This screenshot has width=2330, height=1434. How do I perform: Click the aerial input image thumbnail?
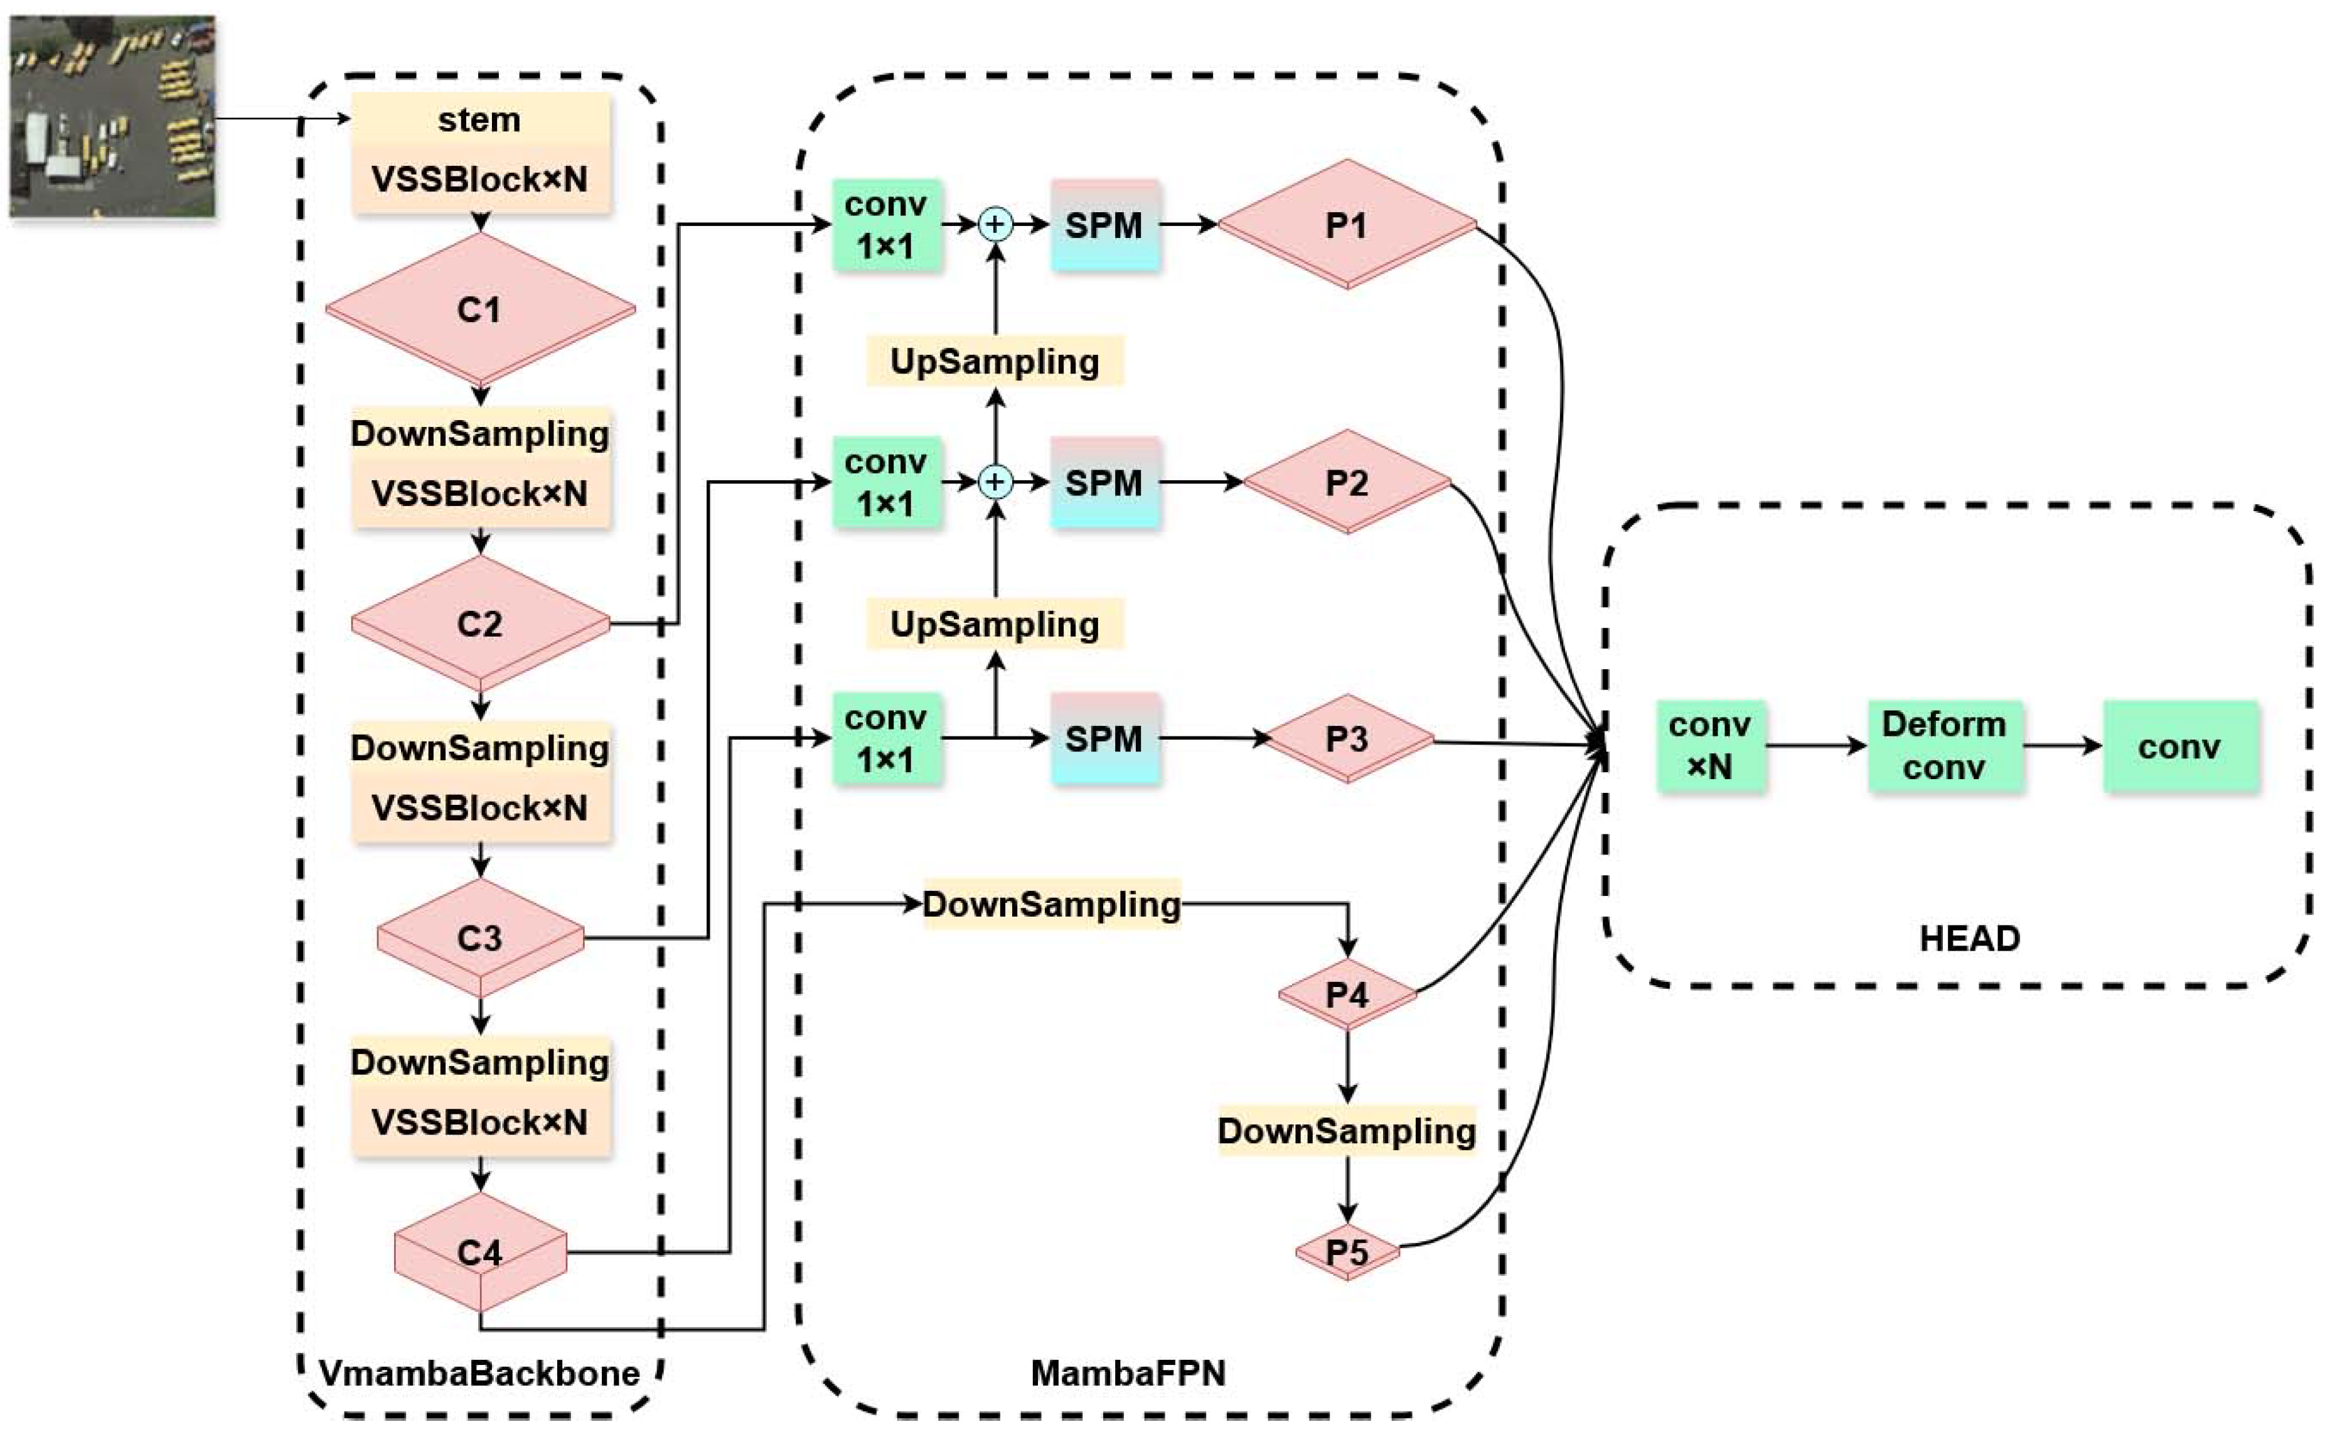click(112, 116)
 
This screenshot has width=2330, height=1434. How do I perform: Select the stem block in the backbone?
click(479, 121)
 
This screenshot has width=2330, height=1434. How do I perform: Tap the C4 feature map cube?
click(479, 1253)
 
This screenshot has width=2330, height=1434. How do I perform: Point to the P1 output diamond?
click(1346, 225)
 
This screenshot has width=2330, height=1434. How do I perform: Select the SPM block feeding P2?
click(1104, 483)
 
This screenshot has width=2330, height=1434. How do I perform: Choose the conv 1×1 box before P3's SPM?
click(886, 739)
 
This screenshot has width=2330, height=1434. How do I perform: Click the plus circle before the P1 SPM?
click(995, 225)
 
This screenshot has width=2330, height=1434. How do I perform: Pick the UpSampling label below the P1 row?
click(995, 362)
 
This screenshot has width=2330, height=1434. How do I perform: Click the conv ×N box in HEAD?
click(1710, 745)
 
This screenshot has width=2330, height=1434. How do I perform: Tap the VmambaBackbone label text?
click(479, 1372)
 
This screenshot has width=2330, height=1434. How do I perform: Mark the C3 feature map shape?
click(479, 938)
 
